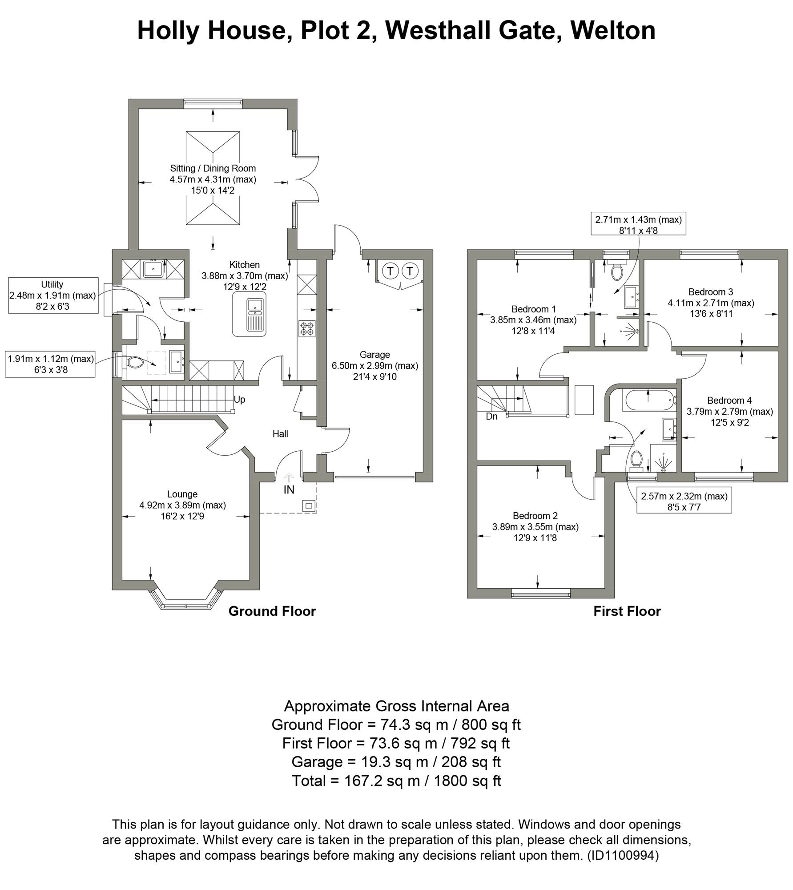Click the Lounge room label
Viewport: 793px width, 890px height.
point(182,494)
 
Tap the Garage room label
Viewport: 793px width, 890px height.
point(374,355)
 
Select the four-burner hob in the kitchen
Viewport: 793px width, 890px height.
point(307,328)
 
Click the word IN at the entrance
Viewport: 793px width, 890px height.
point(289,490)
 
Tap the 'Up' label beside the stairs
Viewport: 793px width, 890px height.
point(239,399)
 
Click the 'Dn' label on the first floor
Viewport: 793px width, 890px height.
point(491,417)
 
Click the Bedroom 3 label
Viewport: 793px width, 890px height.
point(710,292)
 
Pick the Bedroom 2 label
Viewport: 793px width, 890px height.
point(535,516)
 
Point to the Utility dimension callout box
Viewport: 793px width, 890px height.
point(52,295)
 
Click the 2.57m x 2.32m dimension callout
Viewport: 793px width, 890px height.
point(684,501)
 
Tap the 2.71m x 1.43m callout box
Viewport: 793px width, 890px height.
point(638,224)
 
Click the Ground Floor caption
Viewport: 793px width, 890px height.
point(272,611)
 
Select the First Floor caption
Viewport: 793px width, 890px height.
point(627,611)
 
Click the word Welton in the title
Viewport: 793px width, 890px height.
point(612,31)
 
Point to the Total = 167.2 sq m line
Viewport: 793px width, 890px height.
point(396,781)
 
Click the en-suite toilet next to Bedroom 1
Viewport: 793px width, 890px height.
point(616,271)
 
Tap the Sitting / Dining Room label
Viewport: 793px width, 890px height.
point(213,168)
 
